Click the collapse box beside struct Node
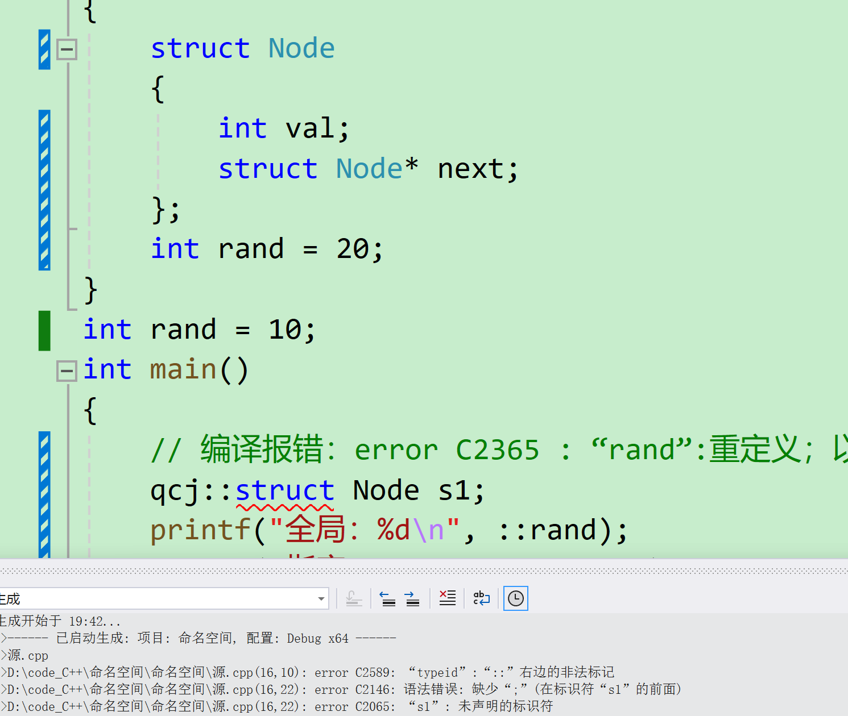pyautogui.click(x=67, y=49)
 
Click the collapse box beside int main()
pyautogui.click(x=67, y=372)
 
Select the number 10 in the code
pyautogui.click(x=285, y=330)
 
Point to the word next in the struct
pyautogui.click(x=470, y=169)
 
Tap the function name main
pyautogui.click(x=183, y=370)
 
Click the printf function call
pyautogui.click(x=200, y=530)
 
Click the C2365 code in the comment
pyautogui.click(x=497, y=451)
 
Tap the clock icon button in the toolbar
pyautogui.click(x=516, y=598)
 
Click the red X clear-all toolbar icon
pyautogui.click(x=448, y=598)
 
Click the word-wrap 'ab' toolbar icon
pyautogui.click(x=481, y=598)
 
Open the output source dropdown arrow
pyautogui.click(x=321, y=599)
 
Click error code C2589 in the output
pyautogui.click(x=375, y=673)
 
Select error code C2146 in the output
pyautogui.click(x=375, y=690)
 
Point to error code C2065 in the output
pyautogui.click(x=375, y=707)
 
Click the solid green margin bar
pyautogui.click(x=44, y=331)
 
